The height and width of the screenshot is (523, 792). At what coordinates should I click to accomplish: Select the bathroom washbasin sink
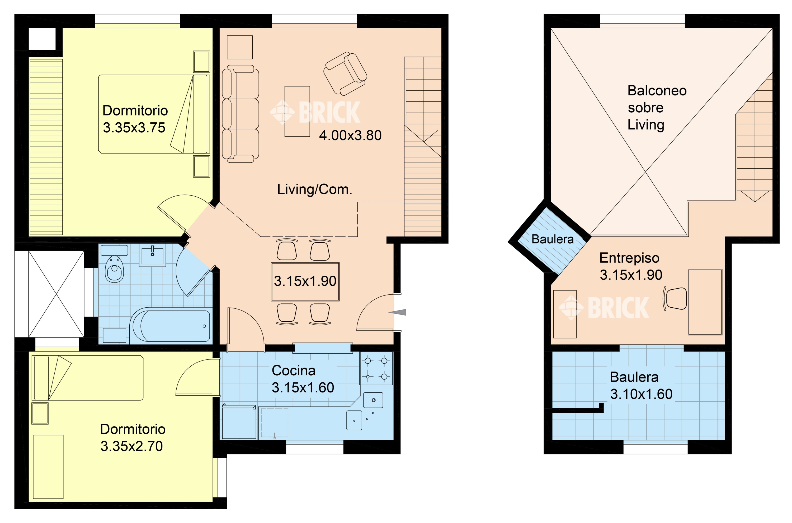pos(152,255)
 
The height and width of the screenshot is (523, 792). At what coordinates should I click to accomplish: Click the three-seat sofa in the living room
pos(240,114)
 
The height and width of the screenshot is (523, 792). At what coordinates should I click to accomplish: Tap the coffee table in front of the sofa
pos(297,112)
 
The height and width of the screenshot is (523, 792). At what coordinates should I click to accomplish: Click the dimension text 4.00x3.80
pos(350,135)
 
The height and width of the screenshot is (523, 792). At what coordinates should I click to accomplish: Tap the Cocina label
pos(294,371)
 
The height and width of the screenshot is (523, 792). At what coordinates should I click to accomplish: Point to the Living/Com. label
pos(314,189)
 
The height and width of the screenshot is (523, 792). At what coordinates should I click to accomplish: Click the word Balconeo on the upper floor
pos(657,91)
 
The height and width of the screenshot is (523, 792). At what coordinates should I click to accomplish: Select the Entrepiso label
pos(629,258)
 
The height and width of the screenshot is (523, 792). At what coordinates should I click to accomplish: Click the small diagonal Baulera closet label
pos(553,239)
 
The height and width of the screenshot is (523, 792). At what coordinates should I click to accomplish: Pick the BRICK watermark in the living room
pos(315,112)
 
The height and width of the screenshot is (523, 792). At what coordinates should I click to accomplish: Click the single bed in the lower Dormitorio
pos(88,378)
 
